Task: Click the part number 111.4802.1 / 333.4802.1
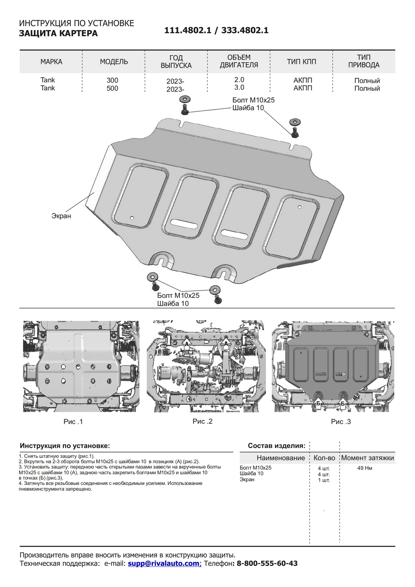click(216, 31)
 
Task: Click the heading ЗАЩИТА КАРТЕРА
click(58, 33)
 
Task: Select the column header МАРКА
click(51, 62)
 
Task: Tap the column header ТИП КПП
click(301, 62)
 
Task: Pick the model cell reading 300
click(112, 80)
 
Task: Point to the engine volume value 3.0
click(239, 88)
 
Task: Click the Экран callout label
click(61, 216)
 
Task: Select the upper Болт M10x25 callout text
click(253, 100)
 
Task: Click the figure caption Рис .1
click(73, 421)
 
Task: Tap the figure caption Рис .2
click(203, 421)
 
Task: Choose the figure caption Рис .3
click(341, 421)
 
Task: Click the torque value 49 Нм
click(365, 468)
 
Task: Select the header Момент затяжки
click(368, 458)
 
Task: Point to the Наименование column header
click(280, 458)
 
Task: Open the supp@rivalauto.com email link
click(163, 564)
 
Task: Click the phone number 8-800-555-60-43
click(267, 564)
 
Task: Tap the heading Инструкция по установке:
click(65, 446)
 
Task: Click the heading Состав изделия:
click(277, 446)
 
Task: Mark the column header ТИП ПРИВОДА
click(364, 61)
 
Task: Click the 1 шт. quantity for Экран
click(324, 480)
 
